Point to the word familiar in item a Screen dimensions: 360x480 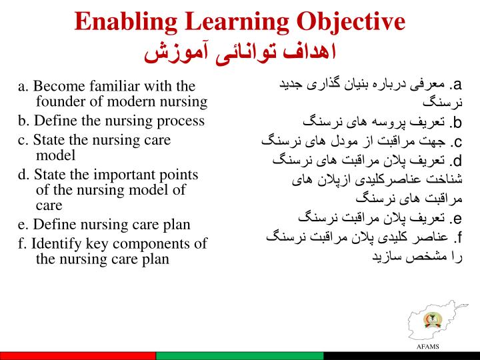tap(121, 87)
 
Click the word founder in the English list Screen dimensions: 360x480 tap(61, 102)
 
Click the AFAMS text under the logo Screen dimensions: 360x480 tap(427, 347)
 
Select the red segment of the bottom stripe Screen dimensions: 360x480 tap(80, 356)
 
